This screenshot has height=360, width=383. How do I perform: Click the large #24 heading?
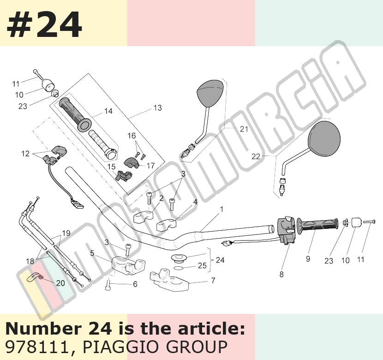tap(44, 24)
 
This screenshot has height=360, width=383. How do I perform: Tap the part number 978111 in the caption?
tap(36, 347)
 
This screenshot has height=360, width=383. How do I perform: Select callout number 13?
tap(158, 108)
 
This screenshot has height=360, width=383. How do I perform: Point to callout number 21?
tap(244, 129)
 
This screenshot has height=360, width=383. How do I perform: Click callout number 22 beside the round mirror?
tap(256, 156)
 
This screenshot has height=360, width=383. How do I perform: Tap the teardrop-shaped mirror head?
tap(210, 93)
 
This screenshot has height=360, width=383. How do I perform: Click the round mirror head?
tap(324, 138)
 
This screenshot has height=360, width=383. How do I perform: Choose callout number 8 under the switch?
tap(281, 275)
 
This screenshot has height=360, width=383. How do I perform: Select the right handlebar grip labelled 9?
tap(317, 226)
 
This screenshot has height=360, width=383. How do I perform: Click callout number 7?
tap(213, 280)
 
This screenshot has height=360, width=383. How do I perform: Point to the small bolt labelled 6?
tap(108, 284)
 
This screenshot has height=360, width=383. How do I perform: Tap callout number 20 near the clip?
tap(60, 283)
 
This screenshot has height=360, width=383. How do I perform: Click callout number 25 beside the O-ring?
tap(202, 265)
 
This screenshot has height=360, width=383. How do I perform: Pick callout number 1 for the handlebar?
tap(221, 210)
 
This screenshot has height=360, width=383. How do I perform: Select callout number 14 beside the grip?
tap(108, 111)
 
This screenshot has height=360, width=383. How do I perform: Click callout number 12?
tap(25, 154)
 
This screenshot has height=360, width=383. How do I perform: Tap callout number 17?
tap(151, 166)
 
